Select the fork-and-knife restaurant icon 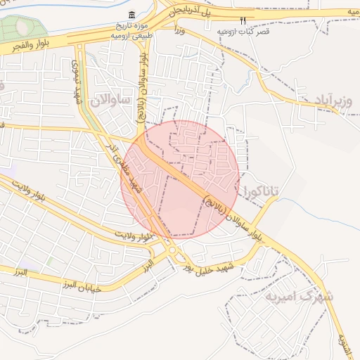point(243,21)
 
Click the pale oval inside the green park point(23,26)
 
